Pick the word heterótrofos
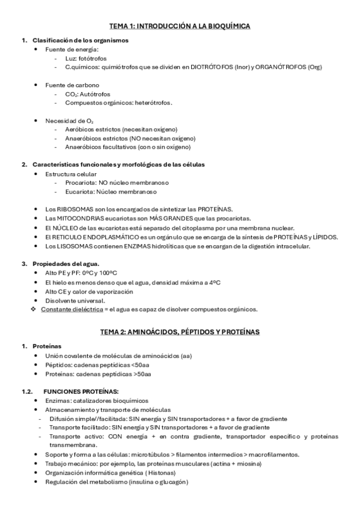click(x=151, y=102)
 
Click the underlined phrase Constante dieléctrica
click(x=70, y=310)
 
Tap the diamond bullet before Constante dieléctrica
click(x=34, y=310)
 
